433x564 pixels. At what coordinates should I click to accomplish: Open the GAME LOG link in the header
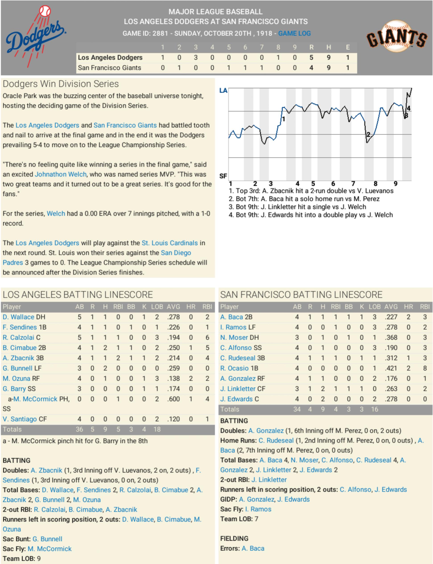tap(294, 33)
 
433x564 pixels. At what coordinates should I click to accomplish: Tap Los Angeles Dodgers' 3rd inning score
tap(196, 58)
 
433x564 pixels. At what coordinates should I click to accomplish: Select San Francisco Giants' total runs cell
tap(311, 68)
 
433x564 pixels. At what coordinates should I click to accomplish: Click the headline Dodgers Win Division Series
tap(61, 84)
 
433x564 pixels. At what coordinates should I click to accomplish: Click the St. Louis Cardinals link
tap(170, 243)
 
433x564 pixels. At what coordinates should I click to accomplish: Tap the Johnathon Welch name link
tap(61, 174)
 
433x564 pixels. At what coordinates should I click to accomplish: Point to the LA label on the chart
tap(223, 91)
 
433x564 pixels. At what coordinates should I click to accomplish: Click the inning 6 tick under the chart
tap(333, 184)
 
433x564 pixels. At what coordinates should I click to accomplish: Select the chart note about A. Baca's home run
tap(304, 199)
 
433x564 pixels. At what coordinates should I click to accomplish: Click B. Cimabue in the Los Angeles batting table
tap(20, 348)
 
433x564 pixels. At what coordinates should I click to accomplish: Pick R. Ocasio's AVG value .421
tap(391, 368)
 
